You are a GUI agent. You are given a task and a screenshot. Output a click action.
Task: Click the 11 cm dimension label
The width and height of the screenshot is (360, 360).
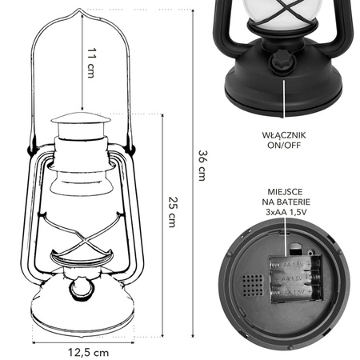coord(91,63)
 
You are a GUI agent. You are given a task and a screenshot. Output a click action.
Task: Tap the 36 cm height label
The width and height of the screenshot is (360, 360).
coord(202,166)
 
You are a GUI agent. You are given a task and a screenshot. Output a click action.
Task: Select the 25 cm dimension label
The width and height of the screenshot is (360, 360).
coord(173,212)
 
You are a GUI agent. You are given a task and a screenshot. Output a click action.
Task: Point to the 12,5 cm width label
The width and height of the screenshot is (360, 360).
coord(89,353)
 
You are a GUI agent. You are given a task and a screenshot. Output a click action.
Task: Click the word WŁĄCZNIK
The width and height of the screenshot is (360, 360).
coord(284,135)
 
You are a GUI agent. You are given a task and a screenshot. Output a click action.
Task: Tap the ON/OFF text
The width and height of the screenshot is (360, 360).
coord(284,146)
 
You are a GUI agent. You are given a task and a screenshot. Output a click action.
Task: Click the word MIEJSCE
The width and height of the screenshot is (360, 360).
coord(285,192)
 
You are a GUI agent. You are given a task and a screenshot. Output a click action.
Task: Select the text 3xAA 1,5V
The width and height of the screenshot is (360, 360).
coord(286,212)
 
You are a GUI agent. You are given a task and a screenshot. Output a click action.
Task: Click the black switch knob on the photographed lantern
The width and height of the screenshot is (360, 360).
coord(283,61)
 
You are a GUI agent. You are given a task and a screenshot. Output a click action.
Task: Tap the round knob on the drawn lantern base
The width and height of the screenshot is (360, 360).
coord(82,289)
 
